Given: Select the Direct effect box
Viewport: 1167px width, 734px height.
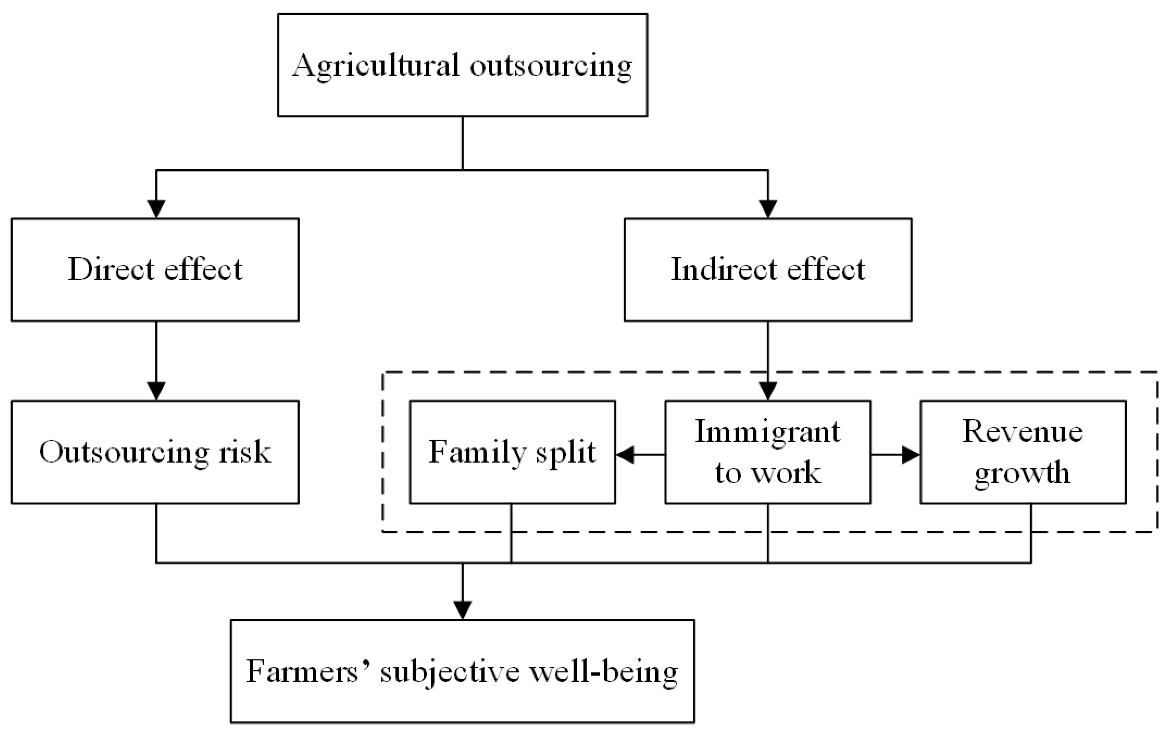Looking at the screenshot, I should click(x=155, y=270).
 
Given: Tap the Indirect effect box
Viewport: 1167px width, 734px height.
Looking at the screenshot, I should click(x=768, y=270).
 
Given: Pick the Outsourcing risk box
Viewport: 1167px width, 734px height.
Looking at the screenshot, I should click(x=155, y=452).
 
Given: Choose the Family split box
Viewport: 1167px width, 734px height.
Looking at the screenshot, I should click(x=512, y=452).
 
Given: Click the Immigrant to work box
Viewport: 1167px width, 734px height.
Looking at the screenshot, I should click(x=768, y=452).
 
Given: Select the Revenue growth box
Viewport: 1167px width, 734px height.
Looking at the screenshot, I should click(x=1023, y=452).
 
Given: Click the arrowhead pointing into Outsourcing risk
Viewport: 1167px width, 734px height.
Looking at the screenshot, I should click(x=156, y=391).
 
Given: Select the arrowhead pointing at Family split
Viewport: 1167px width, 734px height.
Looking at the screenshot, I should click(x=625, y=455).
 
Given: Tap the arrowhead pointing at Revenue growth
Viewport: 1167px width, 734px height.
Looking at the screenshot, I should click(x=911, y=455).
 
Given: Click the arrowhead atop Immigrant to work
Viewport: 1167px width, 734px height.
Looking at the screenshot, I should click(x=768, y=391).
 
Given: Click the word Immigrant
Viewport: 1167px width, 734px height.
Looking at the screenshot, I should click(x=768, y=431).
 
